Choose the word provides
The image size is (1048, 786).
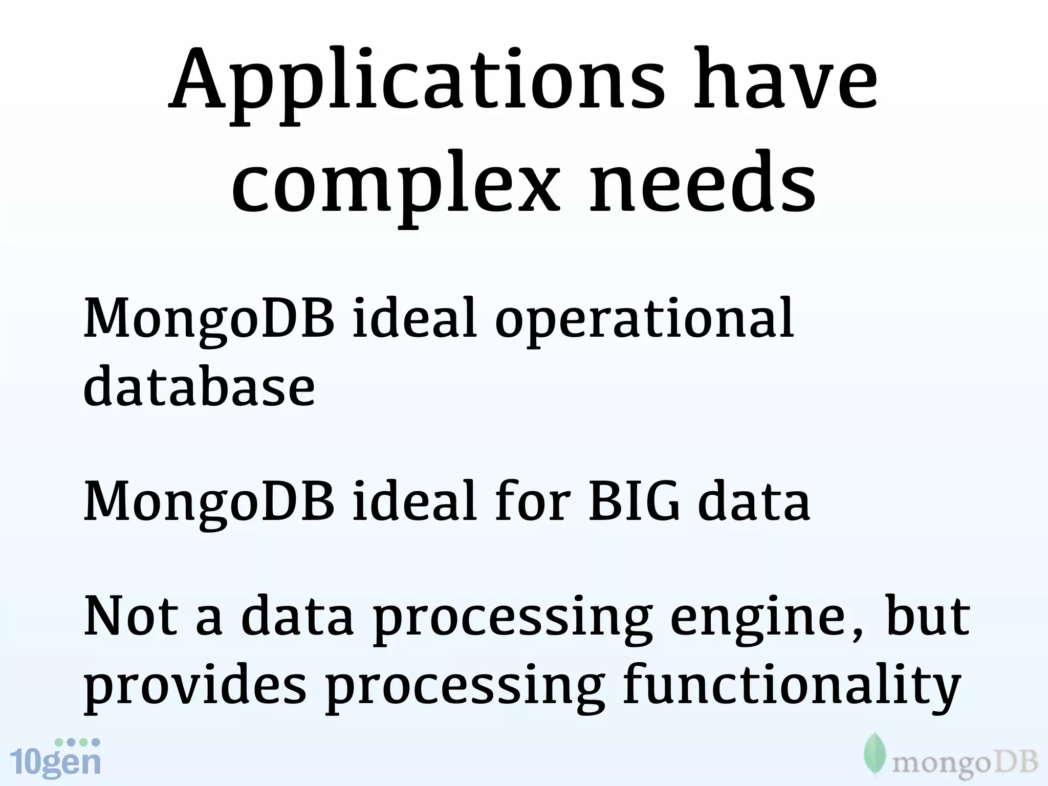point(194,688)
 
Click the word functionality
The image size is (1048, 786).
point(791,688)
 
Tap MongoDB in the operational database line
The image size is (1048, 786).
point(209,320)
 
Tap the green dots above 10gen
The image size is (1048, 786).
point(77,742)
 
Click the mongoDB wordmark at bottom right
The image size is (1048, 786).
point(965,764)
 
